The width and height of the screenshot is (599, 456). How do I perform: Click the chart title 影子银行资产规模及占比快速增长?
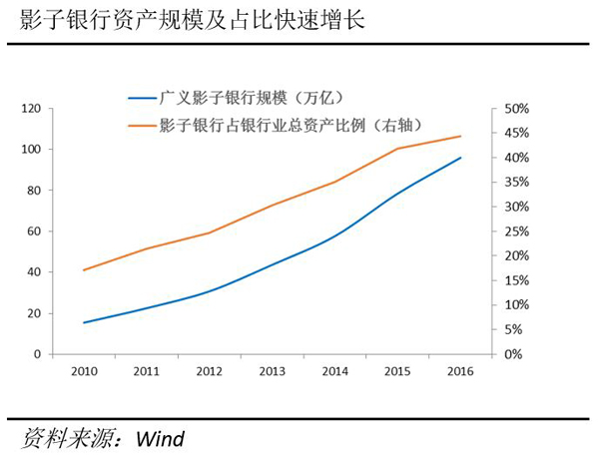point(185,20)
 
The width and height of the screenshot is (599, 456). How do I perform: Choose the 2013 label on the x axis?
point(273,371)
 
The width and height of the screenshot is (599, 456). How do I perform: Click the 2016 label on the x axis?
point(460,371)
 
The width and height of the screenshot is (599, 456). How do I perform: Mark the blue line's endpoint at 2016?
point(460,158)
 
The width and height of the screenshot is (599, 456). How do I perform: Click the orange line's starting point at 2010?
point(83,270)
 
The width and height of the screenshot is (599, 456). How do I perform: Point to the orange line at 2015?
point(397,149)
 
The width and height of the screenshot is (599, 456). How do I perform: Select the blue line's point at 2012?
point(209,291)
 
